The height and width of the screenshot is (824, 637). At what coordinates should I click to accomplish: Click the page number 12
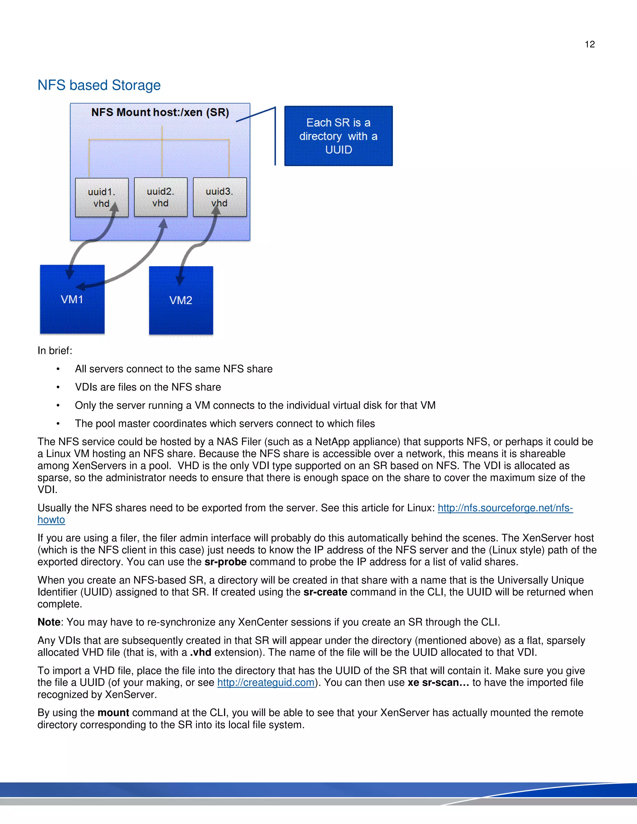pos(589,44)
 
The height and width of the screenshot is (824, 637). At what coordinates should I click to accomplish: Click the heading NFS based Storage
pos(99,85)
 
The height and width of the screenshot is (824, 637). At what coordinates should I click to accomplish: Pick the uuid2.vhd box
pos(160,197)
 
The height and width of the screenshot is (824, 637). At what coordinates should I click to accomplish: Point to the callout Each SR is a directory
pos(338,136)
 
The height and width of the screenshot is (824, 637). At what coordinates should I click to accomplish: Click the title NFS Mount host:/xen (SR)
pos(160,113)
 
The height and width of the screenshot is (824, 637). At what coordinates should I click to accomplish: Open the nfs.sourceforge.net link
pos(505,508)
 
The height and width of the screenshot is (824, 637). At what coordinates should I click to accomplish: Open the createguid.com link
pos(266,683)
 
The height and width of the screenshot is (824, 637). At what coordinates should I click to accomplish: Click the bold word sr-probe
pos(225,562)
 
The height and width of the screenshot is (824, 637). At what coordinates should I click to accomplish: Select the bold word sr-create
pos(325,592)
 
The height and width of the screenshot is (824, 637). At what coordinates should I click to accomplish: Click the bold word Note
pos(49,622)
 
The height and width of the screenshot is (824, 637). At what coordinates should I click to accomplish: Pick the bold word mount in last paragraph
pos(113,713)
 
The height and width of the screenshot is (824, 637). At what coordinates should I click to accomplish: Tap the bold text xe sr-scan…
pos(438,683)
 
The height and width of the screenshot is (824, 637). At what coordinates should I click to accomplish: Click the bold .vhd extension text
pos(200,652)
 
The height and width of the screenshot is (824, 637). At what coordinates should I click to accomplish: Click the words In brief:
pos(55,350)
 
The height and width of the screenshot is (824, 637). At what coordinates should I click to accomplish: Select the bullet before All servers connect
pos(58,369)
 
